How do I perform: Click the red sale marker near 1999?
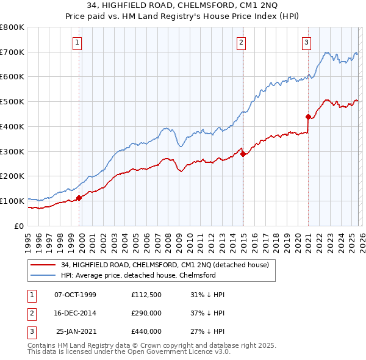pyautogui.click(x=79, y=198)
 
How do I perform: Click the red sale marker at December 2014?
pyautogui.click(x=243, y=154)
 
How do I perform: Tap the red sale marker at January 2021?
pyautogui.click(x=308, y=116)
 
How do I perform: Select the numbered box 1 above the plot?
pyautogui.click(x=79, y=42)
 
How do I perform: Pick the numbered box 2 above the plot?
pyautogui.click(x=242, y=42)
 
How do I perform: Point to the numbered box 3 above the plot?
pyautogui.click(x=306, y=42)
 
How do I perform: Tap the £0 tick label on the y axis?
pyautogui.click(x=20, y=226)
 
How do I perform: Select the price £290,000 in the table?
pyautogui.click(x=146, y=313)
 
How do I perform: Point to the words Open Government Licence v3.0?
pyautogui.click(x=186, y=352)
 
